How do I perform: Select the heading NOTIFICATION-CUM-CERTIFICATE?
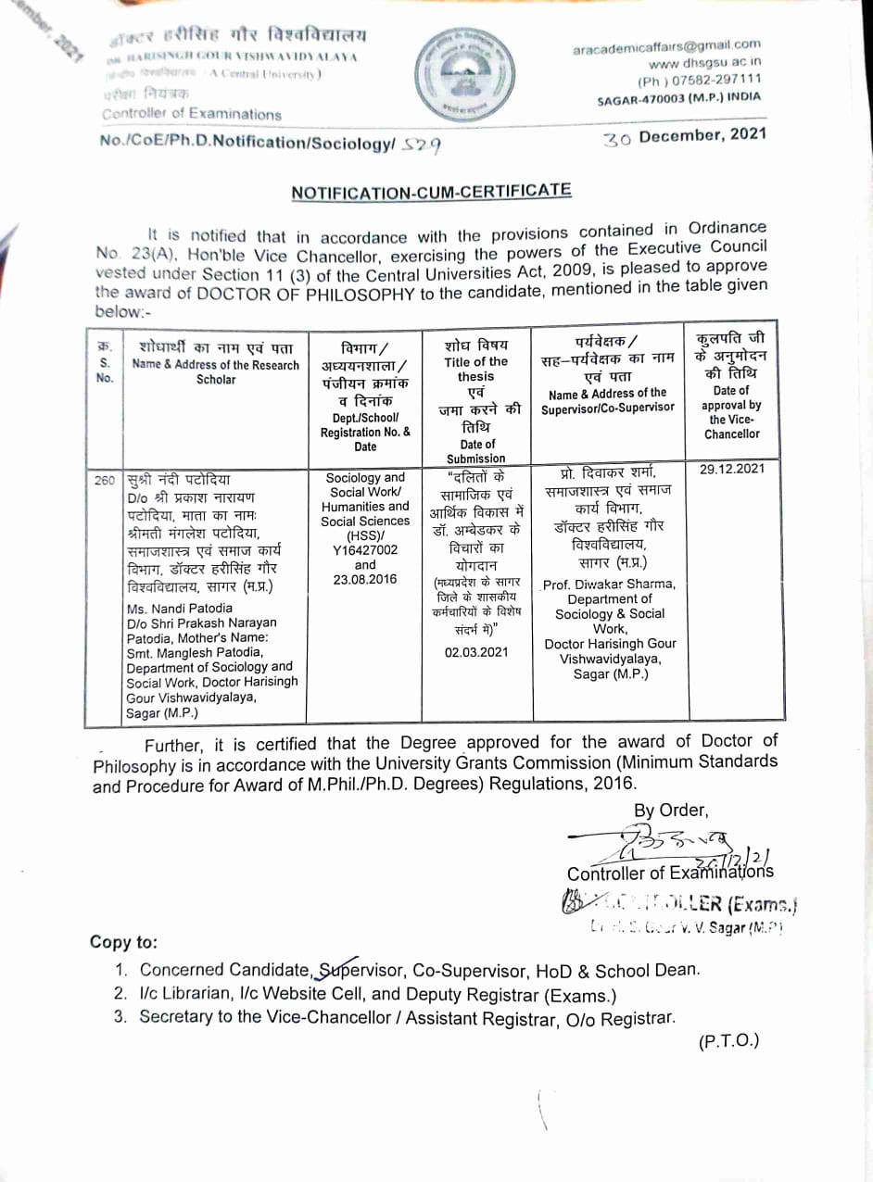[x=431, y=191]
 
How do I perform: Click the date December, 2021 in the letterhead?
[x=702, y=135]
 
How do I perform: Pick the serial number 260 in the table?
[x=105, y=480]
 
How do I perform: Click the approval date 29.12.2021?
[x=732, y=469]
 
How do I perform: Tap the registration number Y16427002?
[x=365, y=549]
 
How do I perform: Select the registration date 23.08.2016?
[x=365, y=579]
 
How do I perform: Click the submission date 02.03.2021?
[x=476, y=651]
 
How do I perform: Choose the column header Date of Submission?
[x=476, y=451]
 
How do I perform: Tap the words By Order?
[x=671, y=811]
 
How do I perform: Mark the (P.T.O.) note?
[x=728, y=1040]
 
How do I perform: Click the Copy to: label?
[x=123, y=942]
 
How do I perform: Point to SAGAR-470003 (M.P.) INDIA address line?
[x=678, y=96]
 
